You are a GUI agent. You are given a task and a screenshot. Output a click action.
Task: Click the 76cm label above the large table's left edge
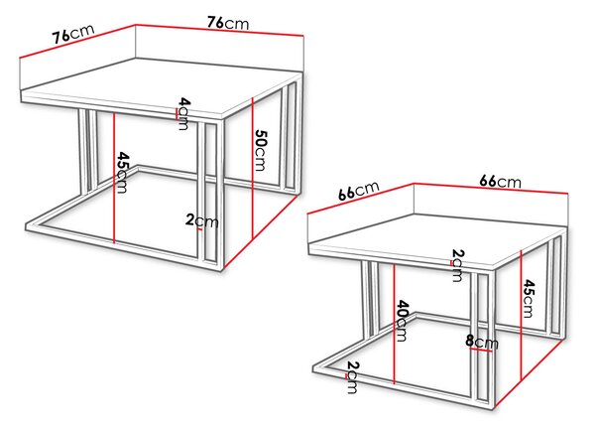(73, 34)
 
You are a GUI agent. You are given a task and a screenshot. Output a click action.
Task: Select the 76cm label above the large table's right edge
(228, 23)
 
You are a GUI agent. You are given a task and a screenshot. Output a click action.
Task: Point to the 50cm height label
(261, 150)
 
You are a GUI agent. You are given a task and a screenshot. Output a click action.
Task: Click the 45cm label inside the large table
(122, 172)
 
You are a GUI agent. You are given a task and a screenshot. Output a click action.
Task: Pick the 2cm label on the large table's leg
(202, 220)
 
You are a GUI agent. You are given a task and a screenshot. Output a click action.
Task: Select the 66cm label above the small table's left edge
(359, 191)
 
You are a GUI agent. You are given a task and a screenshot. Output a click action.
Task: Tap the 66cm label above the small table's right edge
(500, 182)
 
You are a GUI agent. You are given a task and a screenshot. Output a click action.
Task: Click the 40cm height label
(402, 321)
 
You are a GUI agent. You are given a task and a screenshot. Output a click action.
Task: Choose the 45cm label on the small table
(528, 298)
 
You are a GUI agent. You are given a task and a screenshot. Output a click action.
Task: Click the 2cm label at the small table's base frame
(352, 377)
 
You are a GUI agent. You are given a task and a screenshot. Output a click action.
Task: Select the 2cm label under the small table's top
(457, 265)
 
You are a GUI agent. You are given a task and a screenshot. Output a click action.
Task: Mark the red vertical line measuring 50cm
(252, 168)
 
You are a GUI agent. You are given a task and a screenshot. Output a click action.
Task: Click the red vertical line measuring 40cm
(395, 324)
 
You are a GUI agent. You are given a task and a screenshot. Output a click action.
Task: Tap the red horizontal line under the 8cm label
(481, 350)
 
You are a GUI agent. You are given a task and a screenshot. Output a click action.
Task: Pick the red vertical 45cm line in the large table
(114, 177)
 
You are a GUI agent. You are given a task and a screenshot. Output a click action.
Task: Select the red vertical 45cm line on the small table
(521, 315)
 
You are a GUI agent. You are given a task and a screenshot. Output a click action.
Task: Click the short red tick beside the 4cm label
(177, 113)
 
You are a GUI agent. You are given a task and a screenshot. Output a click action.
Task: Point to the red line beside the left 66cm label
(360, 199)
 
